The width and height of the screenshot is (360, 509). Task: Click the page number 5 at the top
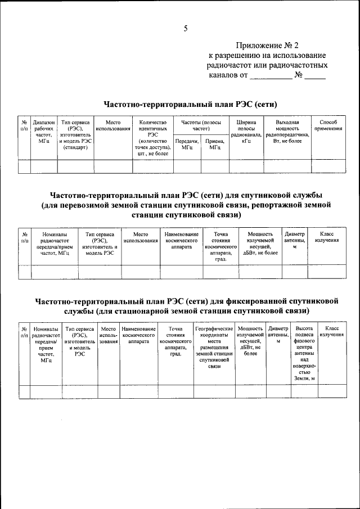(185, 29)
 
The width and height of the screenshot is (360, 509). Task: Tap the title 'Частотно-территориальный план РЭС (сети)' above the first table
(191, 104)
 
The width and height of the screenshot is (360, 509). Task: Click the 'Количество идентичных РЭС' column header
(151, 137)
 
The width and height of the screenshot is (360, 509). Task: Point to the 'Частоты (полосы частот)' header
(201, 125)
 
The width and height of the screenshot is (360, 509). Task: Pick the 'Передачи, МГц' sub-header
(187, 144)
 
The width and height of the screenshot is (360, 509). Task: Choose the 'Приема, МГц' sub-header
(215, 144)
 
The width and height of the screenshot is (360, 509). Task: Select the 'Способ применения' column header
(328, 125)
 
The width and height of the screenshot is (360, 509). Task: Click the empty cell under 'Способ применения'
(328, 166)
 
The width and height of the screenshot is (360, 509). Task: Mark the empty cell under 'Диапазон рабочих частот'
(44, 166)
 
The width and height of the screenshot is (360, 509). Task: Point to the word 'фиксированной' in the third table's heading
(259, 300)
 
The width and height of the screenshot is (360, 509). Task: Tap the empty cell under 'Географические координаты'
(214, 391)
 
